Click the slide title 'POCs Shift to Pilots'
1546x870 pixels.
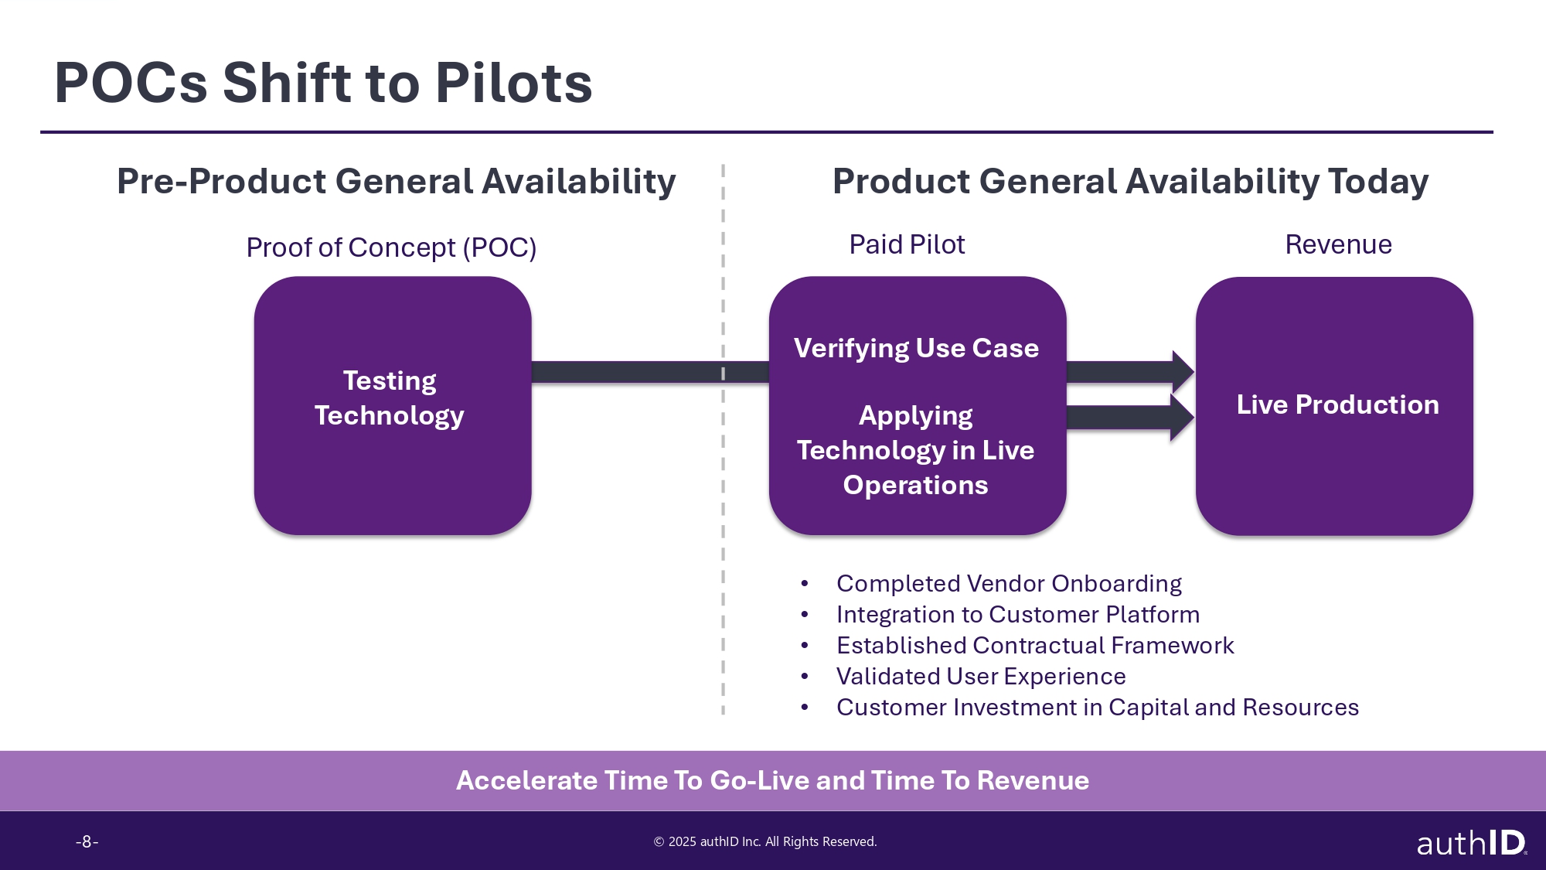tap(323, 83)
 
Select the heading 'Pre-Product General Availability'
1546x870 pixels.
tap(397, 182)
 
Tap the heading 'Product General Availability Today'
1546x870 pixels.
tap(1130, 182)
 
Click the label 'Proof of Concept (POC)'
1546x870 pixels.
tap(391, 247)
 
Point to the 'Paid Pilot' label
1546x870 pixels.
tap(907, 244)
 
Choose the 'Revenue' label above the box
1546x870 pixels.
tap(1338, 244)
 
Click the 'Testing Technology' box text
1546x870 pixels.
tap(390, 398)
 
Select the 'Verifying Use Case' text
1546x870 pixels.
tap(916, 349)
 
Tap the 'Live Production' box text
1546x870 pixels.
tap(1337, 404)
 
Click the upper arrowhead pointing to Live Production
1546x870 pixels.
tap(1183, 372)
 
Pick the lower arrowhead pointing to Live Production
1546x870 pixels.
tap(1183, 418)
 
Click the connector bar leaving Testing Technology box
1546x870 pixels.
tap(650, 372)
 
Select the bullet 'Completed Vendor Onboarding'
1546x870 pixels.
tap(1009, 583)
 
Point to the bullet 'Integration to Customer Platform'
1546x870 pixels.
tap(1018, 614)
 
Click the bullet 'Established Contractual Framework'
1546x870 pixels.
tap(1035, 645)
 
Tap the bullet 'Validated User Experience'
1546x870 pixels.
tap(981, 676)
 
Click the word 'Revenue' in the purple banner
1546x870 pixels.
tap(1033, 780)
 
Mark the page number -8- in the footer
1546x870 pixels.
tap(87, 841)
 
